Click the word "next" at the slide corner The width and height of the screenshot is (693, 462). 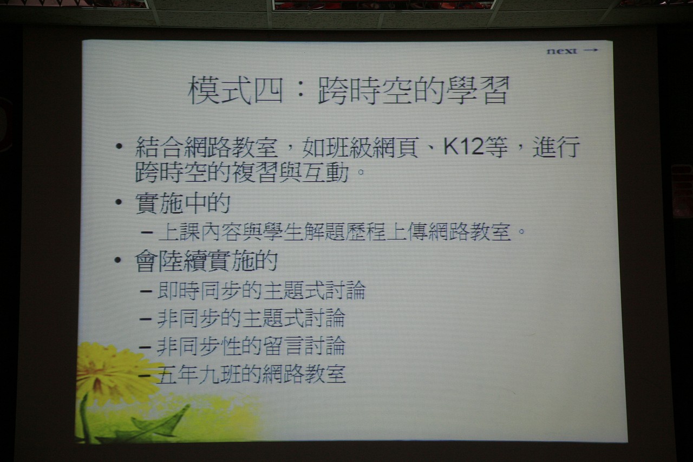[x=561, y=51]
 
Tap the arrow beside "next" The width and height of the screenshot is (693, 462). [x=591, y=50]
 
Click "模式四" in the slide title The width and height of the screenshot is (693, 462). [x=236, y=90]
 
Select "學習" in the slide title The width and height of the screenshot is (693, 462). [x=478, y=90]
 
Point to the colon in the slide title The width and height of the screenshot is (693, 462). [x=300, y=91]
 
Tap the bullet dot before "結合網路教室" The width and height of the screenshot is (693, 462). [x=119, y=146]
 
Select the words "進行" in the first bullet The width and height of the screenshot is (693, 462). [x=555, y=147]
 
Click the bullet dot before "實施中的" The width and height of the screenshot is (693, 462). [x=119, y=203]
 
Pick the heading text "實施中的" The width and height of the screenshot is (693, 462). [x=183, y=203]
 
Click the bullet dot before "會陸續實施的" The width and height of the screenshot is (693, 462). [x=118, y=259]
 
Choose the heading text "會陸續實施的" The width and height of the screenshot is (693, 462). [x=206, y=261]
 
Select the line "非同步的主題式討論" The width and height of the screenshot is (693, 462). [x=251, y=318]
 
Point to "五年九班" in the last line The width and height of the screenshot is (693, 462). [x=198, y=374]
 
